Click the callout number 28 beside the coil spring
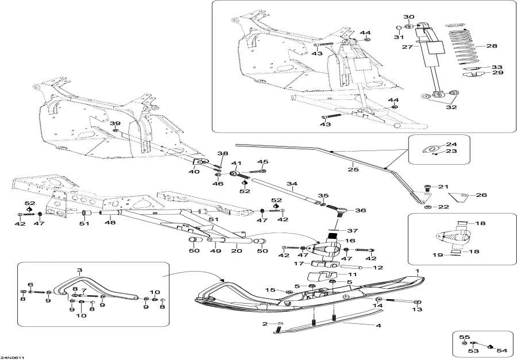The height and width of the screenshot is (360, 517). click(492, 46)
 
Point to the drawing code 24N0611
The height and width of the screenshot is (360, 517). click(13, 356)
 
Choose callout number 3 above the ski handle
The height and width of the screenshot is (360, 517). click(80, 270)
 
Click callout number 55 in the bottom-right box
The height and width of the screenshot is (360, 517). click(466, 337)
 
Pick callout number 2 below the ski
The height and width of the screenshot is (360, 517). click(265, 324)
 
